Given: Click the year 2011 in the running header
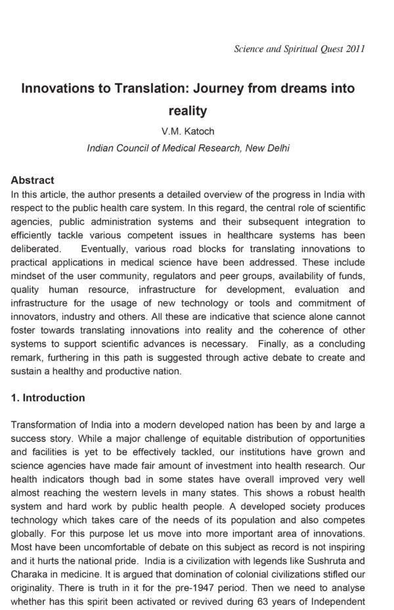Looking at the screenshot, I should click(x=353, y=49).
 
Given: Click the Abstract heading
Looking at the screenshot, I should click(x=33, y=181).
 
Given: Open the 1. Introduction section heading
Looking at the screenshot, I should click(x=48, y=398).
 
